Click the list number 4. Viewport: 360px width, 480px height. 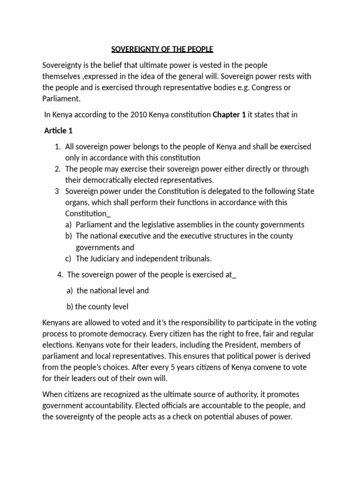59,274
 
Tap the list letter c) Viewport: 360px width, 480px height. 68,258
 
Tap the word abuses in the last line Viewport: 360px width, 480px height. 249,417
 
